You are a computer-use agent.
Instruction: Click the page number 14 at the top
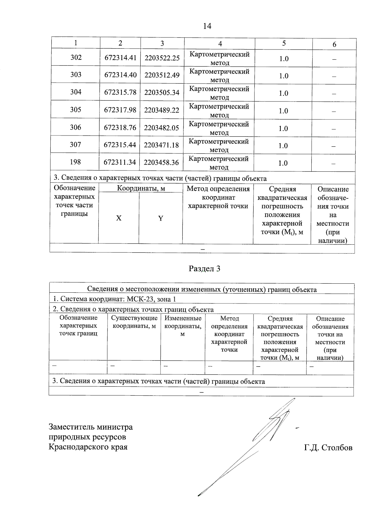[207, 26]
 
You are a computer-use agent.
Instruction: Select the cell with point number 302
[76, 57]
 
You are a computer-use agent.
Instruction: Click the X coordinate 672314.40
[120, 75]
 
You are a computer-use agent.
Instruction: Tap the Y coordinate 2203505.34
[162, 93]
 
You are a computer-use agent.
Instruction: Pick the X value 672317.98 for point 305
[120, 110]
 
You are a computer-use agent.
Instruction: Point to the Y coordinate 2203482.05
[161, 128]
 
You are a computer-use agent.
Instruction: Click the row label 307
[75, 144]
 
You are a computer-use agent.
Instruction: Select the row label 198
[75, 162]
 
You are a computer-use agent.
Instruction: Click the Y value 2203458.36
[161, 162]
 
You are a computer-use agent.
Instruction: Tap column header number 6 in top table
[334, 45]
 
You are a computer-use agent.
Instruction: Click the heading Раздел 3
[204, 269]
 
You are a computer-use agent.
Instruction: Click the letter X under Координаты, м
[119, 218]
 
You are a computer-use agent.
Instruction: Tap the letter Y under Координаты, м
[160, 218]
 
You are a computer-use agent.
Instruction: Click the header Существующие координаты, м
[134, 322]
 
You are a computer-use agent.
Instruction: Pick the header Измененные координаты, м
[183, 326]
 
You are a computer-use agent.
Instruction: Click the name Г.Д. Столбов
[328, 448]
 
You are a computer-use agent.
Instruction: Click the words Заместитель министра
[91, 427]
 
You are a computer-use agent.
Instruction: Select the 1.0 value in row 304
[284, 93]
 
